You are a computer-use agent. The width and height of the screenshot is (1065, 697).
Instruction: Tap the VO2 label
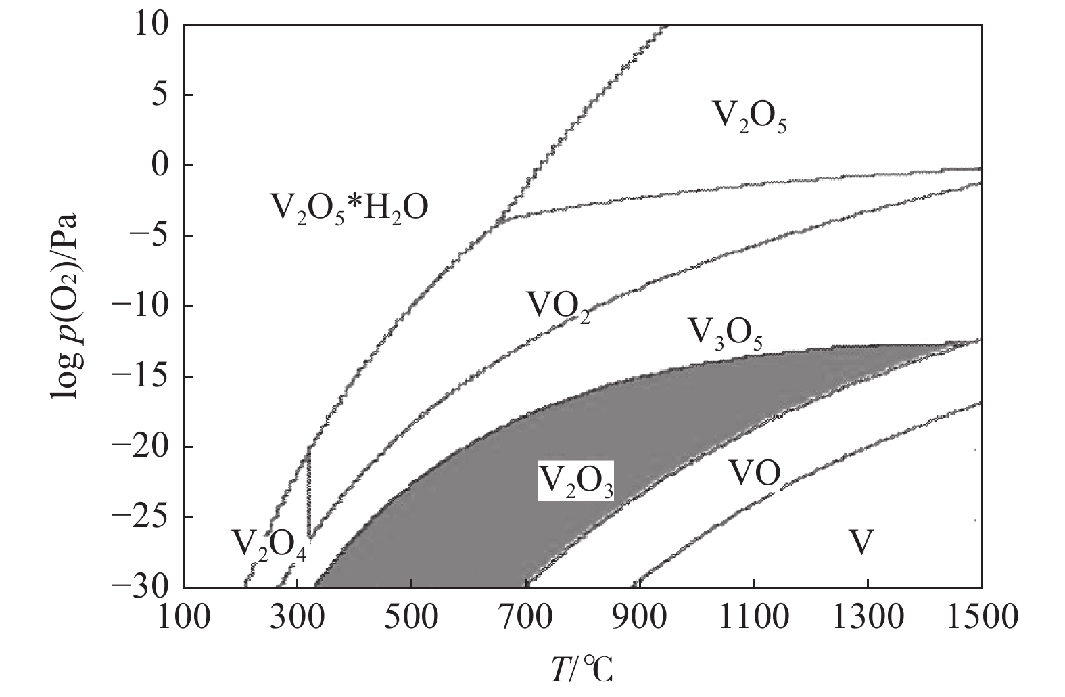(559, 308)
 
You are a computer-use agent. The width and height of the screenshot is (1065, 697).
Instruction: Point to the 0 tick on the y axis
(160, 165)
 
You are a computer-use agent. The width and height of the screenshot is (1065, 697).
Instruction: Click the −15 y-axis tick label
(142, 376)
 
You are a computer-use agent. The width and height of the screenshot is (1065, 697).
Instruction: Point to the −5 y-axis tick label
(150, 235)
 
